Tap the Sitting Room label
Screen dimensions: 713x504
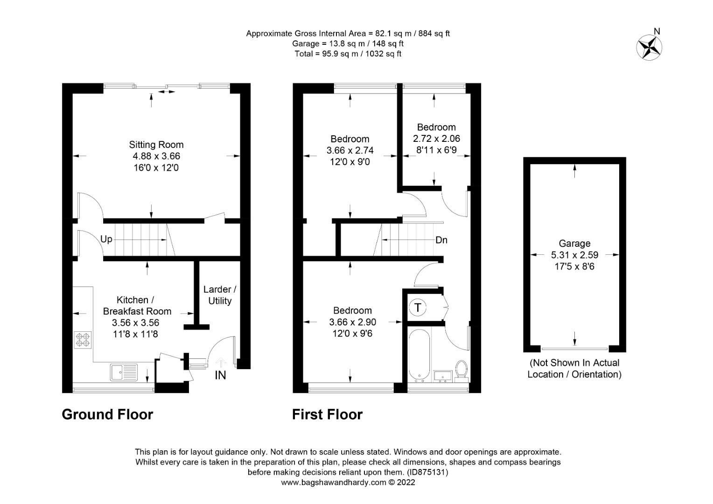click(x=156, y=145)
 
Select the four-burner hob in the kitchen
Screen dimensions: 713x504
click(x=83, y=340)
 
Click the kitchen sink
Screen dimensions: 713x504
click(x=124, y=372)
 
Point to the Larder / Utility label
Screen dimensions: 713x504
click(x=220, y=295)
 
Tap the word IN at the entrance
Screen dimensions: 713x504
click(x=220, y=375)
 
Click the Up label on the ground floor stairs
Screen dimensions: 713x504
click(x=106, y=239)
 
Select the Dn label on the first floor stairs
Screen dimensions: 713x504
click(x=441, y=240)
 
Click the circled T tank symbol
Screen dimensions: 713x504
click(x=418, y=308)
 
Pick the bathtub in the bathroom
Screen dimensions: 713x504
click(x=419, y=355)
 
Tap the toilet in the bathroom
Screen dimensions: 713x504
click(x=461, y=371)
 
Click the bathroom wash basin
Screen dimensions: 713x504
click(x=443, y=376)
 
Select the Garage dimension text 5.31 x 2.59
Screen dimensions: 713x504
click(x=574, y=255)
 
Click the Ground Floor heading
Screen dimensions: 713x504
click(x=107, y=414)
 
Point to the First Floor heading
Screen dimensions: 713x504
click(x=327, y=414)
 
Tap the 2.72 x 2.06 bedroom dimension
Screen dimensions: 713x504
click(x=436, y=139)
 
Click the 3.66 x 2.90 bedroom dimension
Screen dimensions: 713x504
click(x=352, y=322)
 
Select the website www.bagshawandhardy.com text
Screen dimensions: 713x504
click(x=334, y=483)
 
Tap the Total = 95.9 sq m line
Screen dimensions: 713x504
click(x=348, y=54)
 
